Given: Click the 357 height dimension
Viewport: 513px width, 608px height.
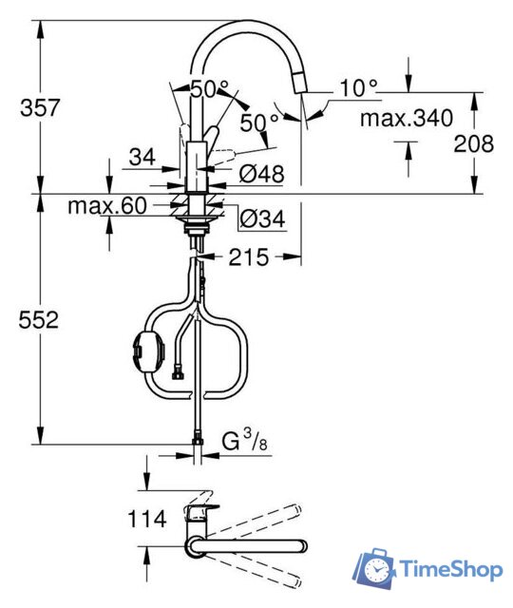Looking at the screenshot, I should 40,107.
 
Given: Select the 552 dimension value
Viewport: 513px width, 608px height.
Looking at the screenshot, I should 40,320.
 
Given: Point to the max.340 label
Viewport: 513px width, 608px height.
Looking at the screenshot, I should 407,119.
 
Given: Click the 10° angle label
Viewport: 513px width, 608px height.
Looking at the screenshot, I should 358,88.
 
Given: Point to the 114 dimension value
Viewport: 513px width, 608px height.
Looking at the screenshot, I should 146,519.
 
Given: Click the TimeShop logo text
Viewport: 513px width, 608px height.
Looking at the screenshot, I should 450,570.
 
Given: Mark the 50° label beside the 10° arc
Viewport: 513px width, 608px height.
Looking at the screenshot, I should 259,122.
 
